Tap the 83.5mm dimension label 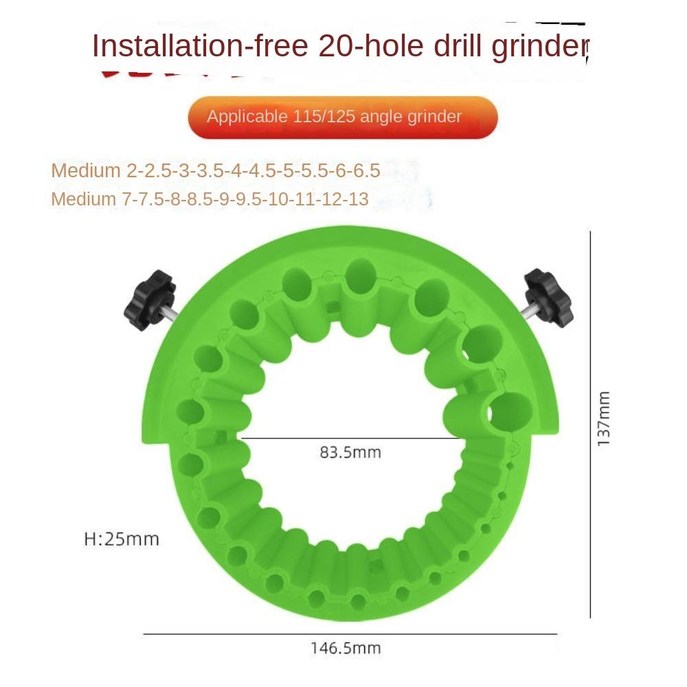(350, 453)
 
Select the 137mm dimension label (603, 418)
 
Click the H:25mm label (122, 539)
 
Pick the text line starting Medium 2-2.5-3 (216, 171)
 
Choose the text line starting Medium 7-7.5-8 (210, 200)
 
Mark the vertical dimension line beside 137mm (590, 423)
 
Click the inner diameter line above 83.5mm (350, 437)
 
